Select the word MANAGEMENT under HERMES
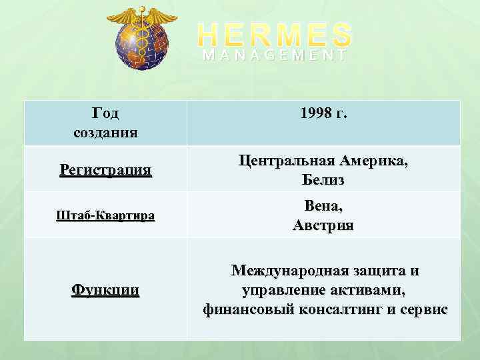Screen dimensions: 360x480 click(x=275, y=56)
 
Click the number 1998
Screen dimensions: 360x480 click(x=315, y=114)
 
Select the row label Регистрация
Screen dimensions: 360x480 click(x=105, y=170)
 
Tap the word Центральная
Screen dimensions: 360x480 click(x=288, y=161)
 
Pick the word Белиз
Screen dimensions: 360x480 click(x=323, y=180)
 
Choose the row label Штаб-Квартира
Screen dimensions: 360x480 click(x=105, y=215)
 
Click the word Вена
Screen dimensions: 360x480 click(x=322, y=207)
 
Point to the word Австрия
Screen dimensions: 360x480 click(x=323, y=225)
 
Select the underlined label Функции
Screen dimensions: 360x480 click(x=105, y=290)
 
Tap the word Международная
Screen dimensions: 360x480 click(x=289, y=271)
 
